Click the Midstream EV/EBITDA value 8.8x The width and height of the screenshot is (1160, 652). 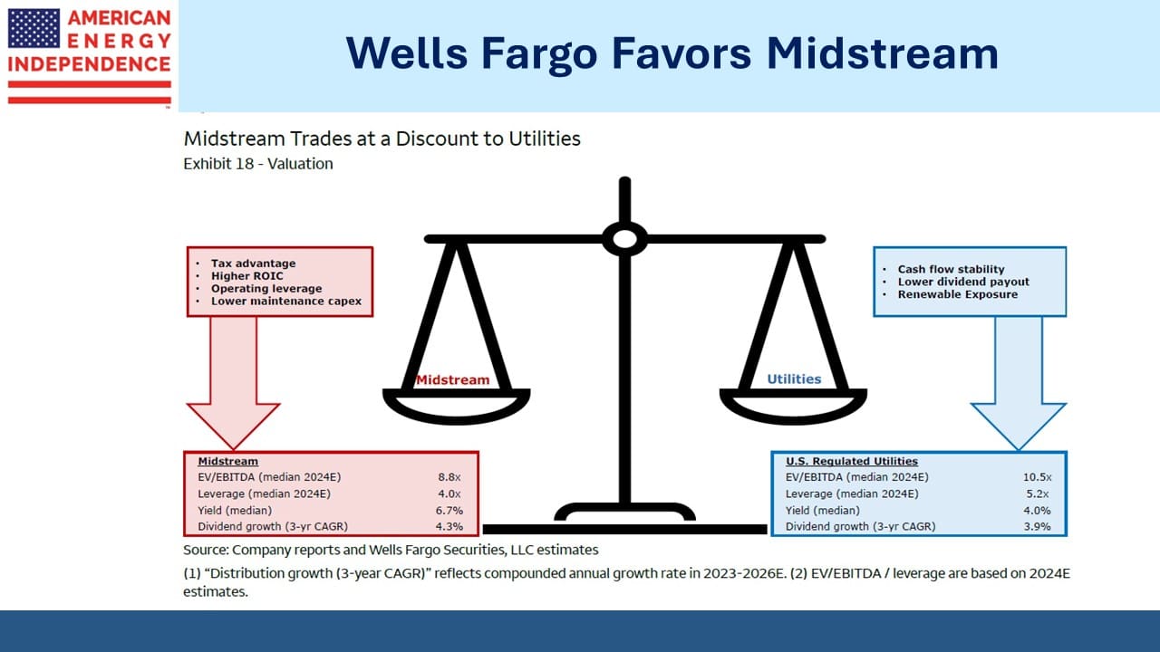449,477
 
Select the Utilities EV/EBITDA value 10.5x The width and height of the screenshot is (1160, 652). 1037,477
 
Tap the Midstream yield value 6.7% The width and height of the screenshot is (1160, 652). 449,510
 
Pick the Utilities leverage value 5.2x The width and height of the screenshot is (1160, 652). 1038,494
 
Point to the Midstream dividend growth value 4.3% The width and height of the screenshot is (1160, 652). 449,526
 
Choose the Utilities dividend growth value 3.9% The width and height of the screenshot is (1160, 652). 1037,526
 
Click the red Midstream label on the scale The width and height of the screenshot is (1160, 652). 452,379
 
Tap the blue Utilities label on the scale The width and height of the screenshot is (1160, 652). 794,379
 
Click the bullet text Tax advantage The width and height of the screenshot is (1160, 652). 253,264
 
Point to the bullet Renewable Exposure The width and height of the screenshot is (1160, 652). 958,294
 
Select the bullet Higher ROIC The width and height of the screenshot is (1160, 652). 247,276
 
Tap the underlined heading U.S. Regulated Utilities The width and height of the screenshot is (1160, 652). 851,461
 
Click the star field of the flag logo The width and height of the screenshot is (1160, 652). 34,28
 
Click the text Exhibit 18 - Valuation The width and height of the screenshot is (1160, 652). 258,164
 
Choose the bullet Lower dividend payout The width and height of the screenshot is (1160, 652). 963,282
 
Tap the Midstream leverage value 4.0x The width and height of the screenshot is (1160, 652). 449,494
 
